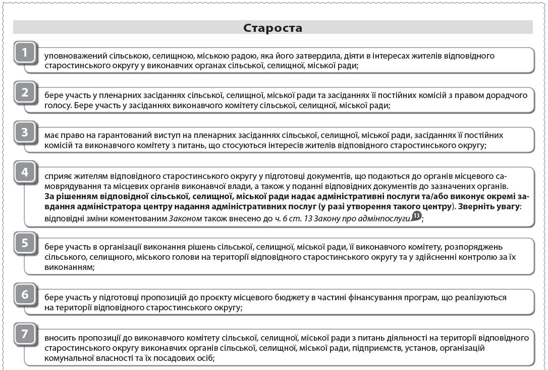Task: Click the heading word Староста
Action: (272, 27)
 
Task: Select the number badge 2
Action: (25, 92)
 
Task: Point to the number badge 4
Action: (25, 172)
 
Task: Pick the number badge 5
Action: (25, 243)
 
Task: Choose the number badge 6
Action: (25, 294)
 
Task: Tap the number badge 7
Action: (25, 334)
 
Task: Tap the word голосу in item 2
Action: (56, 106)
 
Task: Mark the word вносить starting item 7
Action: (59, 337)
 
